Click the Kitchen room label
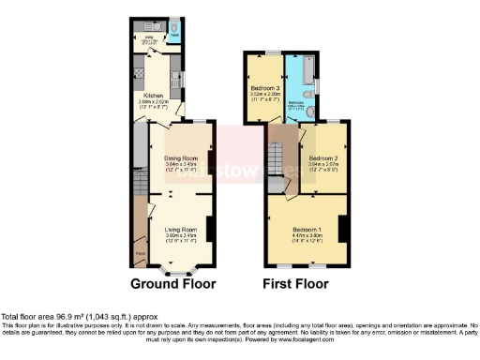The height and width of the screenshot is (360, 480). click(154, 95)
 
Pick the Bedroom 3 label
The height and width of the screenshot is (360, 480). click(266, 88)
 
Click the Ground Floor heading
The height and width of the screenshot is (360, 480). click(172, 283)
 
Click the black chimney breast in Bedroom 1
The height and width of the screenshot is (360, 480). click(344, 229)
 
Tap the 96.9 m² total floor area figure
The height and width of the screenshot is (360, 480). click(77, 316)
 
